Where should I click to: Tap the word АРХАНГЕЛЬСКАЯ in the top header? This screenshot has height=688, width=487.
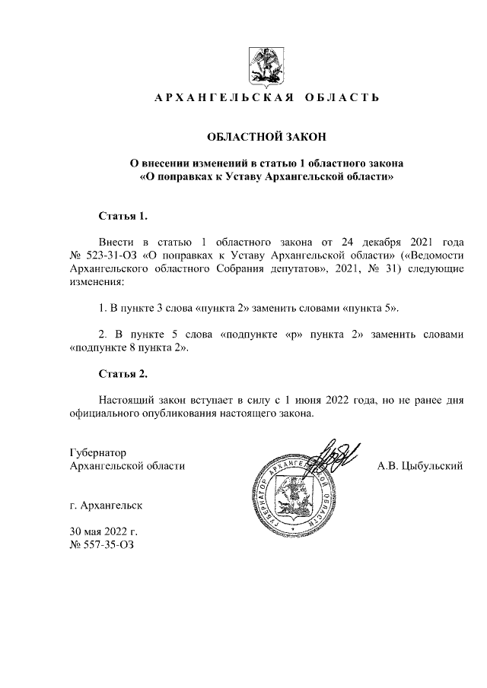pyautogui.click(x=220, y=98)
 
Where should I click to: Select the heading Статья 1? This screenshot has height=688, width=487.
pyautogui.click(x=123, y=216)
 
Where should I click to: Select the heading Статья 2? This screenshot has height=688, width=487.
pyautogui.click(x=123, y=374)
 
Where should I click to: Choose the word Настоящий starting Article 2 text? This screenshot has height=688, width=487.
pyautogui.click(x=126, y=398)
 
